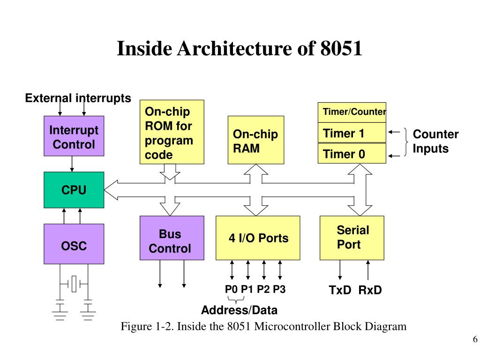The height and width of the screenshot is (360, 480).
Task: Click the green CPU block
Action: [74, 190]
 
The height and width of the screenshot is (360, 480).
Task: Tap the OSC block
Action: [74, 244]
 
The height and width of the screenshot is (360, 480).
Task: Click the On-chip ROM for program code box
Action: [172, 132]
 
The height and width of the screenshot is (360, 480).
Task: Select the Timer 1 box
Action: [352, 133]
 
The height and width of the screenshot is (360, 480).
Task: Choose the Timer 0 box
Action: [352, 154]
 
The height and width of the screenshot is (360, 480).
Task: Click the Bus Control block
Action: [172, 238]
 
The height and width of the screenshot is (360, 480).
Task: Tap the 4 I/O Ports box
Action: [258, 238]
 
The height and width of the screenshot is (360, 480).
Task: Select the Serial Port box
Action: [352, 238]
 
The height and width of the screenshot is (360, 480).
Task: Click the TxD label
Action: [340, 290]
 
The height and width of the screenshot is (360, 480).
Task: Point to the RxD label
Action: [370, 290]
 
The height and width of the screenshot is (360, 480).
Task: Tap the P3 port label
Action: [279, 289]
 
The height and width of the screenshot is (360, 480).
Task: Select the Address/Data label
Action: [239, 310]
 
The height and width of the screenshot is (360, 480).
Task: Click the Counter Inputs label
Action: [435, 142]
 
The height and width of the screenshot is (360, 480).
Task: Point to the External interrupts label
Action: [78, 98]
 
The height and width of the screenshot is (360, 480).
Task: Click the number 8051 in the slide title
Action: [341, 49]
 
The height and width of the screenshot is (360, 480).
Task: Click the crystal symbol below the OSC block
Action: [74, 284]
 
